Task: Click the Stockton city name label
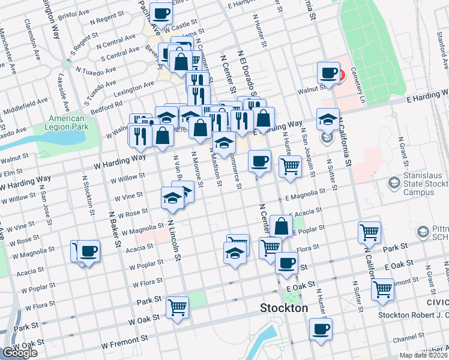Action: [x=284, y=308]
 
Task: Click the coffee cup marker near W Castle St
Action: [x=160, y=13]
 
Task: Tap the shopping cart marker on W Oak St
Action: [x=177, y=307]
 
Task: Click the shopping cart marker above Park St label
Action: [x=369, y=232]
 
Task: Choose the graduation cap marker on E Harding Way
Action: [x=328, y=119]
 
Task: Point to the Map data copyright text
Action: [x=424, y=354]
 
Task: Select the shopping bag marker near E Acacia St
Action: [x=281, y=226]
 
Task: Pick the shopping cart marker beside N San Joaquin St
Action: [x=290, y=166]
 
